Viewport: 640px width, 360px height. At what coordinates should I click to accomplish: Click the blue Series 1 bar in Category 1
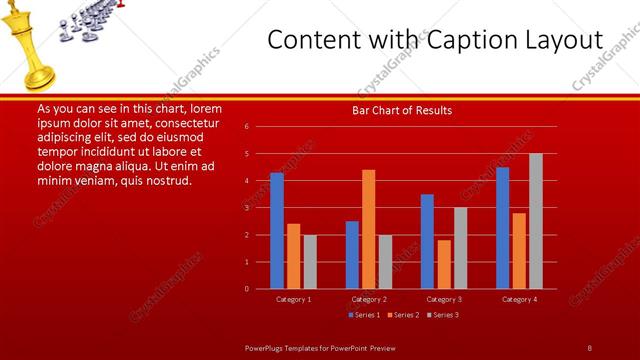pos(277,230)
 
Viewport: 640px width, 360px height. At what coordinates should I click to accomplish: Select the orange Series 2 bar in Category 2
pos(369,229)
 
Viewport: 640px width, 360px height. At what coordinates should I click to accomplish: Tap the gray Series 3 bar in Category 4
pos(535,221)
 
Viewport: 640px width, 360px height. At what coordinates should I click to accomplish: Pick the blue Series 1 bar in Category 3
pos(427,241)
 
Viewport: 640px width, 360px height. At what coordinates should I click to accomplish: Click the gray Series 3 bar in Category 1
pos(310,261)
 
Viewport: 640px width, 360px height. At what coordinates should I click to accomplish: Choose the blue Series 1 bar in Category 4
pos(502,228)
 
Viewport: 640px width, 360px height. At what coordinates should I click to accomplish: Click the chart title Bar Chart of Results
pos(402,110)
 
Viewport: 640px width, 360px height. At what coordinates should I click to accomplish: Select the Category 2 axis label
pos(369,299)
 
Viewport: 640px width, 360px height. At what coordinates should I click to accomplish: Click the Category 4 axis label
pos(518,299)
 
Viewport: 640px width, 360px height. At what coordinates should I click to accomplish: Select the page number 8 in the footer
pos(589,347)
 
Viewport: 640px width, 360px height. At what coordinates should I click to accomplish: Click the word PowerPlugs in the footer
pos(265,347)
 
